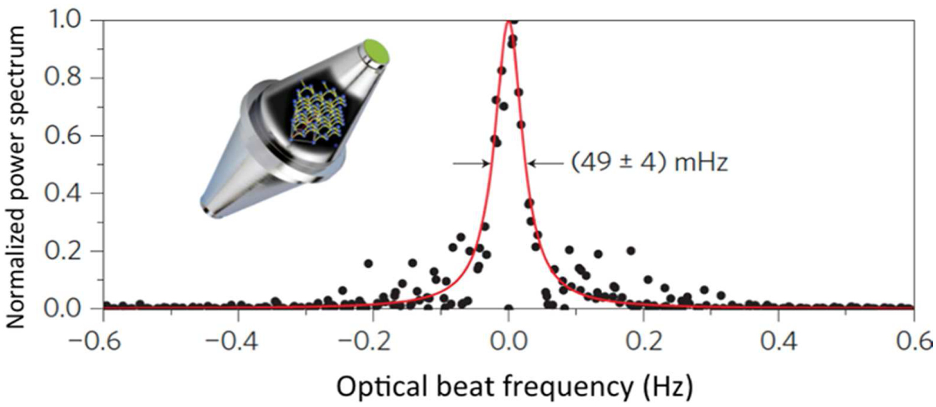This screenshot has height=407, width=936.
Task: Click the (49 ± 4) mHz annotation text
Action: (649, 164)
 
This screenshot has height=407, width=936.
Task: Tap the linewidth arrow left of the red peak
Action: (471, 164)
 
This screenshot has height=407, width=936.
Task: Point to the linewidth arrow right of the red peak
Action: (545, 164)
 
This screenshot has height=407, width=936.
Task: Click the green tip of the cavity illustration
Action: (377, 52)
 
